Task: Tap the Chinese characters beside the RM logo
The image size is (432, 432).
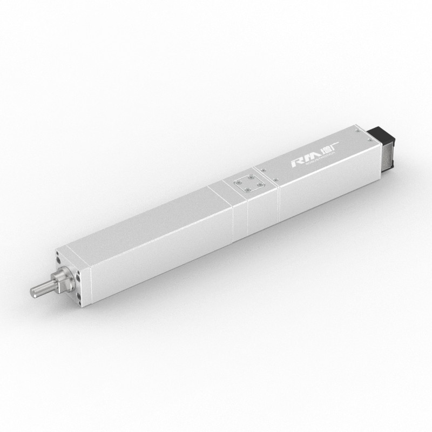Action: pos(326,152)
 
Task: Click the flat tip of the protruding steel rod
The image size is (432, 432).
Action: pos(33,292)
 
